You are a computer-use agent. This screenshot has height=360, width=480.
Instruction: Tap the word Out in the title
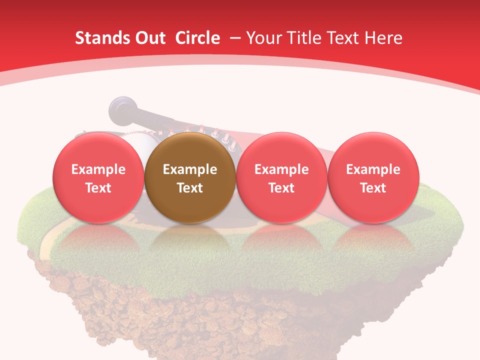[x=149, y=38]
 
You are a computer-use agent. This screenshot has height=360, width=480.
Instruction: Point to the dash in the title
[x=235, y=38]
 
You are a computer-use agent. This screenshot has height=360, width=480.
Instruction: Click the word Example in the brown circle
[x=190, y=169]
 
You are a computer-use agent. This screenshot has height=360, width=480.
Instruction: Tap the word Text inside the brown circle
[x=190, y=188]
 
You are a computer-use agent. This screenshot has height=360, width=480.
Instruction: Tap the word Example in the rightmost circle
[x=373, y=169]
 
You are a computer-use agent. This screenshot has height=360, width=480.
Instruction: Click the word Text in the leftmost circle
[x=98, y=188]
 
